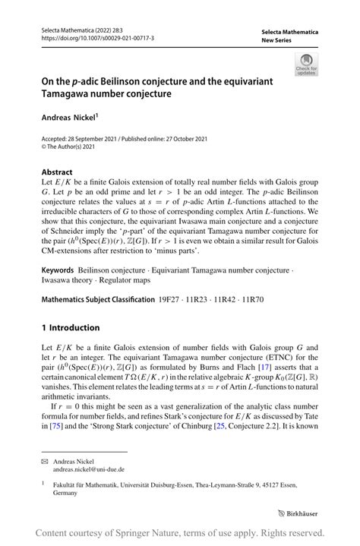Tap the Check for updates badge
(306, 65)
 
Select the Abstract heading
(57, 172)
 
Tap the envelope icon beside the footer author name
(45, 460)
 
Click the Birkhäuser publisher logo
(298, 513)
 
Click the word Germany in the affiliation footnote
(65, 493)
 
